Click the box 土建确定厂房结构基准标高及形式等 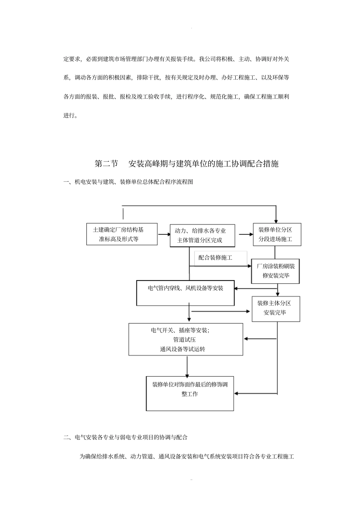(x=122, y=234)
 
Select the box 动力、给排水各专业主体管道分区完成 (x=202, y=235)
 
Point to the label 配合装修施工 (x=215, y=258)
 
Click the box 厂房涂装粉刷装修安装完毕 (x=275, y=271)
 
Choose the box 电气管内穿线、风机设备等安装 (x=185, y=293)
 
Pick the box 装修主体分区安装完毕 (x=276, y=308)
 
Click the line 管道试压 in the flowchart (x=185, y=340)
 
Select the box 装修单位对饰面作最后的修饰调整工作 (x=190, y=393)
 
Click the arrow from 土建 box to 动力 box (x=164, y=234)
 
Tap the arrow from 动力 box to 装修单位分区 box (x=244, y=234)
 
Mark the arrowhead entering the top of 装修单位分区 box (x=276, y=220)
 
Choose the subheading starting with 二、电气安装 (x=125, y=437)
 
